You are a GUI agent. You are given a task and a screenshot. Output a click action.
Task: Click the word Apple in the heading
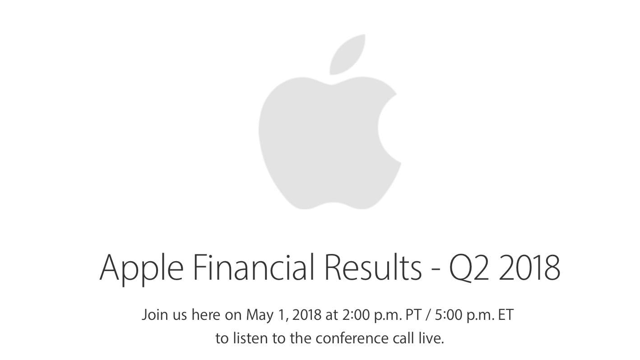(x=141, y=268)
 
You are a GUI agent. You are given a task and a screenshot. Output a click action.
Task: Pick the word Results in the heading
(x=373, y=267)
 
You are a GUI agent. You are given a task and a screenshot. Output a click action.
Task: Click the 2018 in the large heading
(x=529, y=267)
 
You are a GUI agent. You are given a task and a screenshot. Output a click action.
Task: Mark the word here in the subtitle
(x=206, y=315)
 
